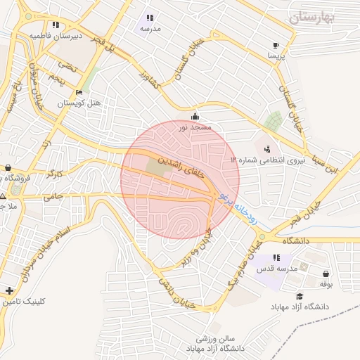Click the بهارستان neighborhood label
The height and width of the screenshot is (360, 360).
tap(311, 15)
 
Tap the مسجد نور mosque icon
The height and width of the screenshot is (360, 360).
tap(194, 117)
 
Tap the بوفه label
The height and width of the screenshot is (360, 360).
tap(325, 283)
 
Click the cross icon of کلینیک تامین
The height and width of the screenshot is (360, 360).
tap(8, 290)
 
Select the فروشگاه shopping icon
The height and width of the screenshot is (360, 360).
tap(7, 168)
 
